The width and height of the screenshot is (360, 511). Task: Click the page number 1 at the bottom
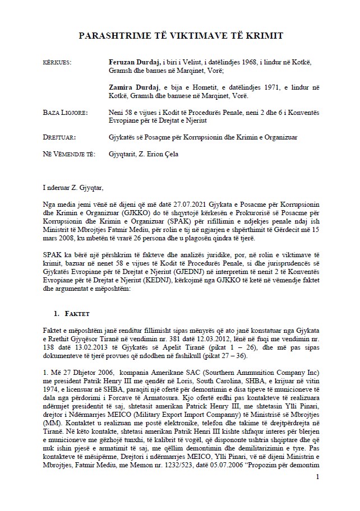(x=317, y=477)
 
